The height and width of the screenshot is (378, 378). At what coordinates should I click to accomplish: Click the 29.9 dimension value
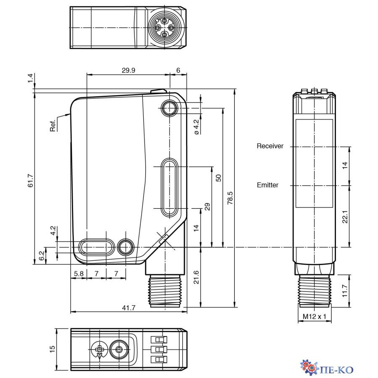click(x=128, y=70)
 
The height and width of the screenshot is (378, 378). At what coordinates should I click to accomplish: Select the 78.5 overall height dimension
click(x=230, y=197)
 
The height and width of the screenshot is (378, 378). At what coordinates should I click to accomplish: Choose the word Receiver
click(x=270, y=146)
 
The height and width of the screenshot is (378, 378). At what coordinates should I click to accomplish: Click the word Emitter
click(x=268, y=185)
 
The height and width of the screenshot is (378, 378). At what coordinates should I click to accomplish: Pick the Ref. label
click(x=53, y=126)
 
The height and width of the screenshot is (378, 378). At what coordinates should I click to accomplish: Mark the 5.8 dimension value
click(x=79, y=273)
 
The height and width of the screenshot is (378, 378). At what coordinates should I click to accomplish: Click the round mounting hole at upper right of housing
click(x=169, y=108)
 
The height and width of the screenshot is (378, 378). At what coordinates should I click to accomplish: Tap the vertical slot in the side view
click(x=169, y=188)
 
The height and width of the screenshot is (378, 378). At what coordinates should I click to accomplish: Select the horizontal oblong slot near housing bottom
click(x=97, y=247)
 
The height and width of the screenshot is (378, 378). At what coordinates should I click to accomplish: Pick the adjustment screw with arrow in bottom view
click(x=100, y=349)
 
